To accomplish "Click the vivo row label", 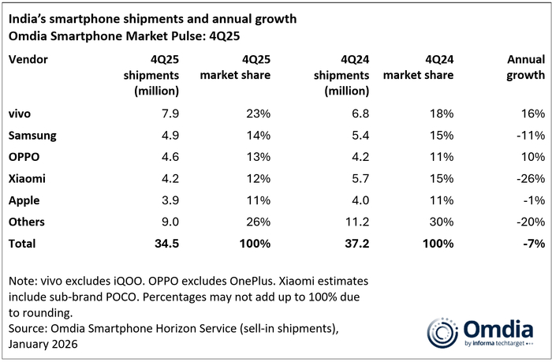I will (20, 114).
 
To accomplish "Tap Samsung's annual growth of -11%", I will (530, 136).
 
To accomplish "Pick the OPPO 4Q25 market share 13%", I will (256, 158).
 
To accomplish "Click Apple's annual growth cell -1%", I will (533, 200).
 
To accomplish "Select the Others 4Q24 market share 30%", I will (440, 222).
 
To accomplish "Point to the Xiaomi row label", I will (26, 179).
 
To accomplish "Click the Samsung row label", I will (32, 136).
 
